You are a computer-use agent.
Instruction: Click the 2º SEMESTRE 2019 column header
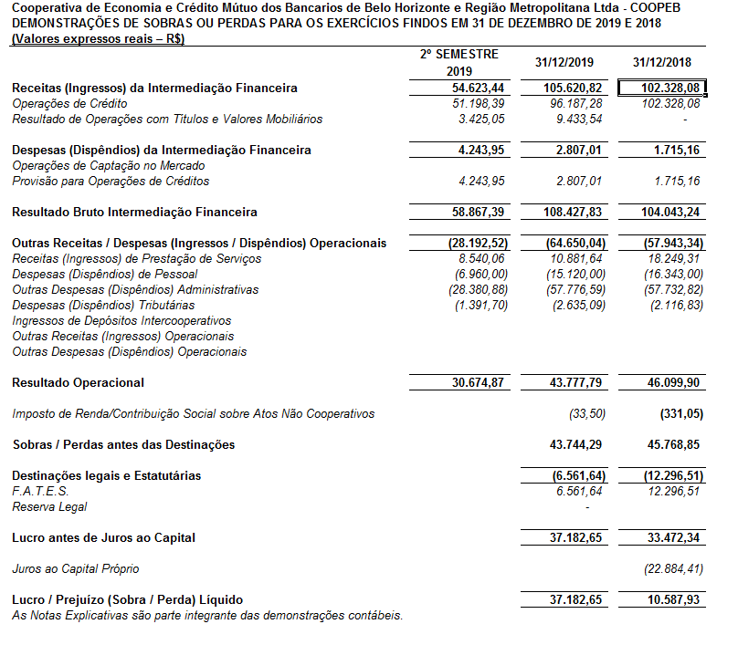459,63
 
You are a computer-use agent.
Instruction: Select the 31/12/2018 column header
662,62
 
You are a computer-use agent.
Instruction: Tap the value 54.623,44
479,88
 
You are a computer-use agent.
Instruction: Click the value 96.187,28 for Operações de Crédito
573,104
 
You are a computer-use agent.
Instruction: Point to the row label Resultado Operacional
78,382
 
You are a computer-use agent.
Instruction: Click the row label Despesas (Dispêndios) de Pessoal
104,274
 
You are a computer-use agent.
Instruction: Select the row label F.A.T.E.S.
40,491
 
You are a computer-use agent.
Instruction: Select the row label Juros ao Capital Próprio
76,568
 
